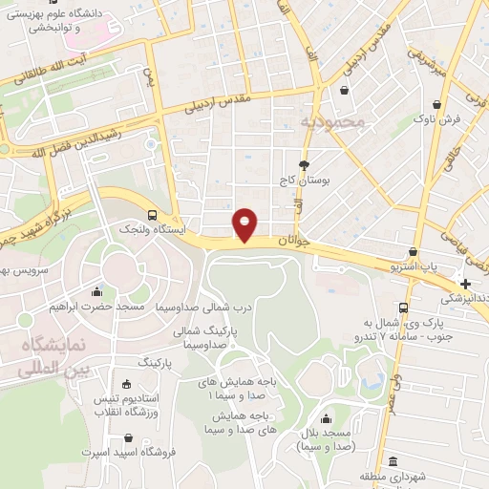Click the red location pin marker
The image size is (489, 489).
pyautogui.click(x=245, y=223)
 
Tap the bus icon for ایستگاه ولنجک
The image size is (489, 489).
pyautogui.click(x=153, y=215)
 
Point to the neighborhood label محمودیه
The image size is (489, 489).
pyautogui.click(x=331, y=123)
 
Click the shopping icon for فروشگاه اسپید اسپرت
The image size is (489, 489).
pyautogui.click(x=126, y=438)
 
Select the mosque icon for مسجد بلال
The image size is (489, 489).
pyautogui.click(x=327, y=417)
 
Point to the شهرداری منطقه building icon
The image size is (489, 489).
pyautogui.click(x=393, y=462)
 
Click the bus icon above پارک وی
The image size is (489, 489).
pyautogui.click(x=404, y=308)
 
